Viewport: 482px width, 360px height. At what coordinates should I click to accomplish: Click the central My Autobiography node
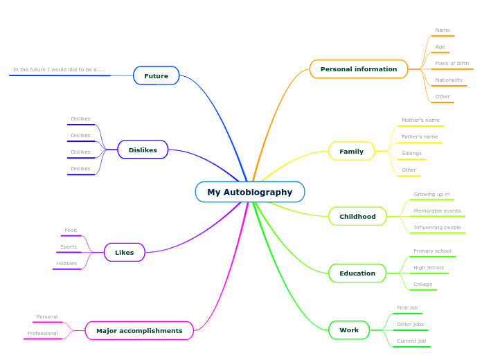[250, 192]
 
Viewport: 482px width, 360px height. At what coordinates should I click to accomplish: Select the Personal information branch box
[359, 69]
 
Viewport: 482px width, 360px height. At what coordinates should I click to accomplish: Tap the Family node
[351, 151]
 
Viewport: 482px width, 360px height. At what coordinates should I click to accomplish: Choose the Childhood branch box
[357, 216]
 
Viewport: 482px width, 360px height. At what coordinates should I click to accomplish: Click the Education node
[357, 273]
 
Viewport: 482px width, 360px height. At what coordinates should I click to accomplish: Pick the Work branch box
[349, 330]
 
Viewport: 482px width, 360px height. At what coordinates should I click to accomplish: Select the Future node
[156, 75]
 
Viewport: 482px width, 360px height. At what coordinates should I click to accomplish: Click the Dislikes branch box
[143, 150]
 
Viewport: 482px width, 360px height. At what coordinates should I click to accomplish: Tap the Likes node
[125, 252]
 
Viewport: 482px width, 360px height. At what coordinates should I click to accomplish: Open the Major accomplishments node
[139, 330]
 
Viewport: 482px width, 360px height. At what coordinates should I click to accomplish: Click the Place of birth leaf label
[452, 64]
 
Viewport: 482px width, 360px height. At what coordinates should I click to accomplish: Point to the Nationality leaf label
[449, 80]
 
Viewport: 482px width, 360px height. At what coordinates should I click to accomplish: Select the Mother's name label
[420, 120]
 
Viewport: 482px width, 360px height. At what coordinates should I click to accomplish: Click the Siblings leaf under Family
[411, 154]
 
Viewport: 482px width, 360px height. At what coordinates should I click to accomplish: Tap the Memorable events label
[437, 211]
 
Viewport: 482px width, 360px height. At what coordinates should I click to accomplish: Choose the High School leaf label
[429, 268]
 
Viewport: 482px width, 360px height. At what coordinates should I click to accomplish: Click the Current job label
[411, 341]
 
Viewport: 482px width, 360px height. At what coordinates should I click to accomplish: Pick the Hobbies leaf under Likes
[66, 264]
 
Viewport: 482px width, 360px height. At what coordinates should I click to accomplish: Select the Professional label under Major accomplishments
[42, 334]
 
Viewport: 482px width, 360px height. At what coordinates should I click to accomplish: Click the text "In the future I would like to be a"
[59, 70]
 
